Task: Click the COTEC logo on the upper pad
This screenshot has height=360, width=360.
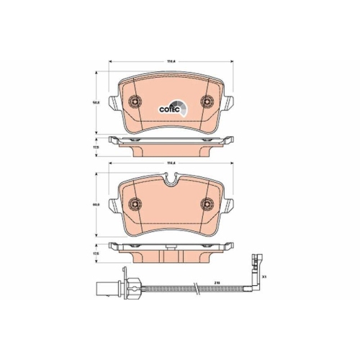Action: [x=174, y=107]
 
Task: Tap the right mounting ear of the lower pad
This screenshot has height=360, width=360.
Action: [x=229, y=207]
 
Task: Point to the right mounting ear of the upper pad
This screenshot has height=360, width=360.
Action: [x=229, y=102]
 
